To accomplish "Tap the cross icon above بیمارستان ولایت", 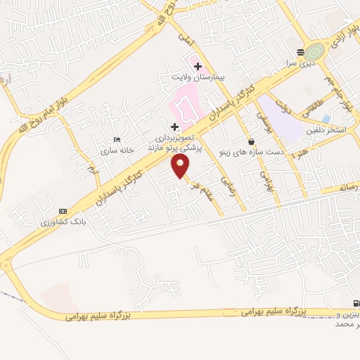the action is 197,65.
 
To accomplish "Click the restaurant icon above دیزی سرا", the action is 301,52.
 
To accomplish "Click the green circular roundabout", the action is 316,52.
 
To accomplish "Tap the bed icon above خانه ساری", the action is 117,140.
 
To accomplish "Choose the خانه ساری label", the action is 116,150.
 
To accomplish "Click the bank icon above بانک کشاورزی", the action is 63,210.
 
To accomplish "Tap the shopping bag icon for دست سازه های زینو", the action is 251,141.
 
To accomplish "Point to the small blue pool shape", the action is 325,119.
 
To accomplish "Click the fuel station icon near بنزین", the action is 355,302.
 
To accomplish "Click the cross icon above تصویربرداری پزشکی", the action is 175,128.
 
